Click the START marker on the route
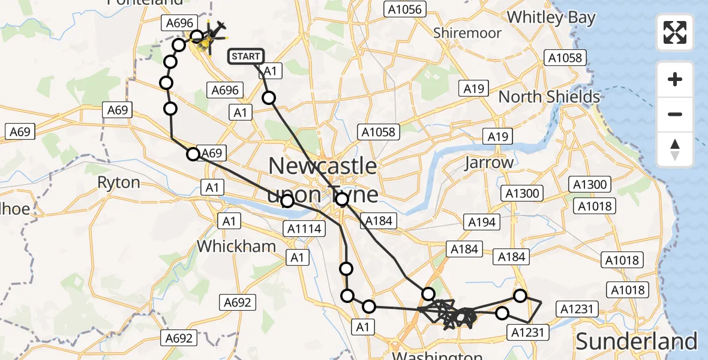tap(246, 56)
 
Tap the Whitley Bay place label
tap(551, 17)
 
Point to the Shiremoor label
tap(467, 33)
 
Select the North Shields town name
tap(549, 97)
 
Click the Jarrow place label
tap(489, 163)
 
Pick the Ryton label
tap(118, 182)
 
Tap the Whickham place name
tap(236, 246)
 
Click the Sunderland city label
tap(637, 341)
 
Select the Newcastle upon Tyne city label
tap(323, 179)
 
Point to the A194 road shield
tap(481, 223)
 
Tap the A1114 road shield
tap(305, 228)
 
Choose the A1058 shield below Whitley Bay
tap(565, 58)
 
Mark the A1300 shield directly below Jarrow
tap(523, 193)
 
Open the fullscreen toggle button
tap(675, 32)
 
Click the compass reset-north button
tap(675, 149)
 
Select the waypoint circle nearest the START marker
tap(269, 98)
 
